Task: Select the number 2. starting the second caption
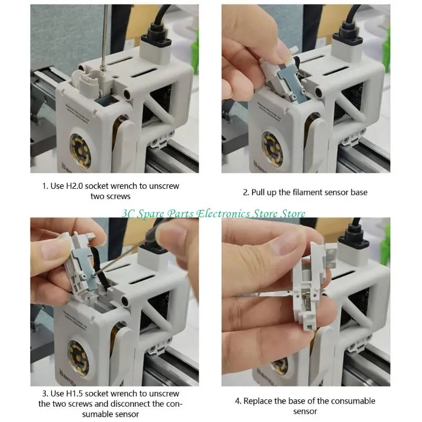click(246, 193)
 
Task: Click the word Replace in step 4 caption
click(260, 401)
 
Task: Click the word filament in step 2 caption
click(297, 193)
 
